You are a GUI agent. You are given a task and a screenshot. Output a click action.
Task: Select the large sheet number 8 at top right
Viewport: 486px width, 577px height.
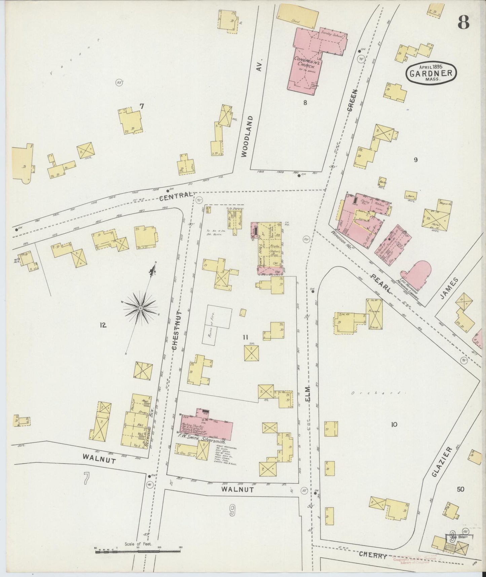[463, 23]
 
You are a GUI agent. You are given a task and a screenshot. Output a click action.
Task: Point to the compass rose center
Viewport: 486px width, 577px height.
[141, 308]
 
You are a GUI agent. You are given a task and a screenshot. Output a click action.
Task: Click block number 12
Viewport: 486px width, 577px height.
[103, 325]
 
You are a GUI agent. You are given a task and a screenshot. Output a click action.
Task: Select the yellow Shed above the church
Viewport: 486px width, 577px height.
[297, 14]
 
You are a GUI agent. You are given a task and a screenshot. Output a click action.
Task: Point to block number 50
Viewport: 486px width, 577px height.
[460, 489]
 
